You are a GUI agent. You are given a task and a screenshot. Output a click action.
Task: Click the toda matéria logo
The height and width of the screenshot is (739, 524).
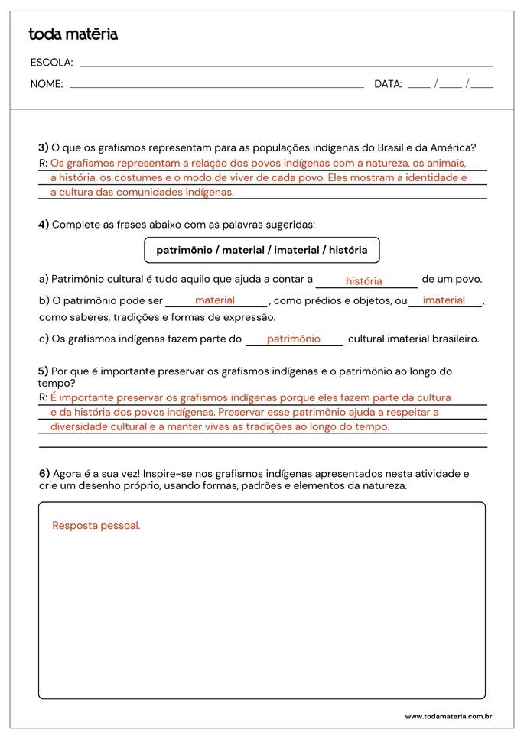[x=73, y=34]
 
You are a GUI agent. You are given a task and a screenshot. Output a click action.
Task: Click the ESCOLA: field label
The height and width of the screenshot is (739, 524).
[x=51, y=63]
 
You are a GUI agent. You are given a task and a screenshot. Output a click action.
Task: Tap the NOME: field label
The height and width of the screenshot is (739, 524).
[x=47, y=84]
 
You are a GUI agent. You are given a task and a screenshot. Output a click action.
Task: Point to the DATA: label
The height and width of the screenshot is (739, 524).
[x=388, y=84]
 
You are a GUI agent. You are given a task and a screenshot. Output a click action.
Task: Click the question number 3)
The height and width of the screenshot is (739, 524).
[x=44, y=147]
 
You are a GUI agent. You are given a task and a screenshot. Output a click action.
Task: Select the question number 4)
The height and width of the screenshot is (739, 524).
[x=44, y=224]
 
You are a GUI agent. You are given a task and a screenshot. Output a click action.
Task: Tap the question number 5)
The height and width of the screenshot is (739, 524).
[x=44, y=371]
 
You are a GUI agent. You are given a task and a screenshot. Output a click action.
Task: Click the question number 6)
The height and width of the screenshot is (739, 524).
[x=44, y=473]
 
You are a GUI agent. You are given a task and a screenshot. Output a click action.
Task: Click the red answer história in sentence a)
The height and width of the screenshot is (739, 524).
[x=363, y=281]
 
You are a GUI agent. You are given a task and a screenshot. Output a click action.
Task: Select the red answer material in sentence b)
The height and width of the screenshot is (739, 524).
[x=215, y=300]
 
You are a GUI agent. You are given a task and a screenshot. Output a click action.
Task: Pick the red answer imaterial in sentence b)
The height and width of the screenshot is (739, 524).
[x=444, y=300]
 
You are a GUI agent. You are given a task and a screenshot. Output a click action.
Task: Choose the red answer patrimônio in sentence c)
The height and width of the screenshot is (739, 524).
[x=294, y=339]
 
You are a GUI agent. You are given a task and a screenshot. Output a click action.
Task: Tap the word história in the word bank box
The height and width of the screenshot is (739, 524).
[x=348, y=250]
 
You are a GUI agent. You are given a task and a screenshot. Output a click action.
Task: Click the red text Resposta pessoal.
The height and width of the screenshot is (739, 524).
[x=96, y=526]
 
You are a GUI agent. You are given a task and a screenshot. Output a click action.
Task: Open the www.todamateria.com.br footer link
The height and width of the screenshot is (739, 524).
[x=448, y=717]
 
